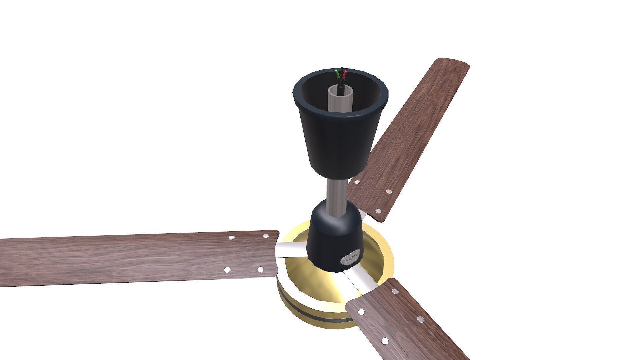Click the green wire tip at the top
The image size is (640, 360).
coord(437,71)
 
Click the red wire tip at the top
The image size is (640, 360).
coord(345,72)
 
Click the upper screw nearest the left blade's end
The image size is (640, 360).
coord(266,236)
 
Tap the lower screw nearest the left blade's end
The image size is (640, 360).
coord(260,269)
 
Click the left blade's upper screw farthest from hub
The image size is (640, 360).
coord(231,238)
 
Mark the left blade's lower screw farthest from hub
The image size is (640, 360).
coord(227,270)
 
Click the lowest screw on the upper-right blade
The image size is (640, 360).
coord(378,211)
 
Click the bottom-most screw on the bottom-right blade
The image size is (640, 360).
coord(385,341)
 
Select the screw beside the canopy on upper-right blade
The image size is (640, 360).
coord(357,182)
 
